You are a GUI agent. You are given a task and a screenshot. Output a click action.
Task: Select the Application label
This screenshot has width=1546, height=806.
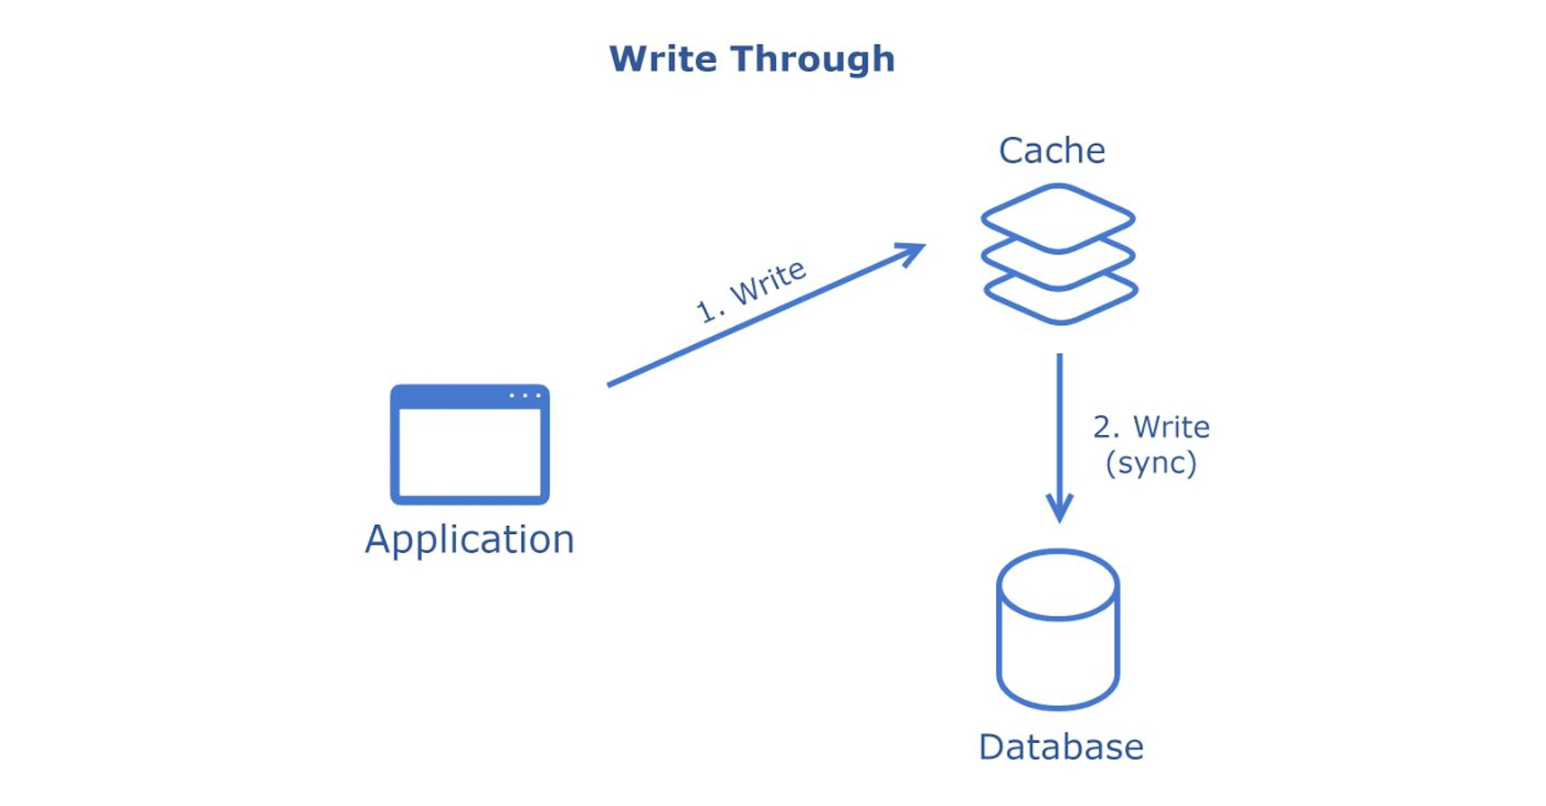tap(469, 539)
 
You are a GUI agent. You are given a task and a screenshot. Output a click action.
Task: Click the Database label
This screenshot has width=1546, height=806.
tap(1060, 747)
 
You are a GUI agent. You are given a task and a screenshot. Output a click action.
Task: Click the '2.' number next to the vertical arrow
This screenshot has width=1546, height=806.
tap(1106, 427)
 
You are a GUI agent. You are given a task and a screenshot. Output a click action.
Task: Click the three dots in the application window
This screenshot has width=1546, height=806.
tap(525, 395)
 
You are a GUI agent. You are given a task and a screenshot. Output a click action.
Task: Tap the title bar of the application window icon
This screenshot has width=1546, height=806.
tap(456, 397)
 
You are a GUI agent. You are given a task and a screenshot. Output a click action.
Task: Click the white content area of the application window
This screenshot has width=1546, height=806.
tap(469, 453)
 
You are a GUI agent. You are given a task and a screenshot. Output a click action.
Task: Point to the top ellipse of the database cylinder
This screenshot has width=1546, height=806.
tap(1058, 584)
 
